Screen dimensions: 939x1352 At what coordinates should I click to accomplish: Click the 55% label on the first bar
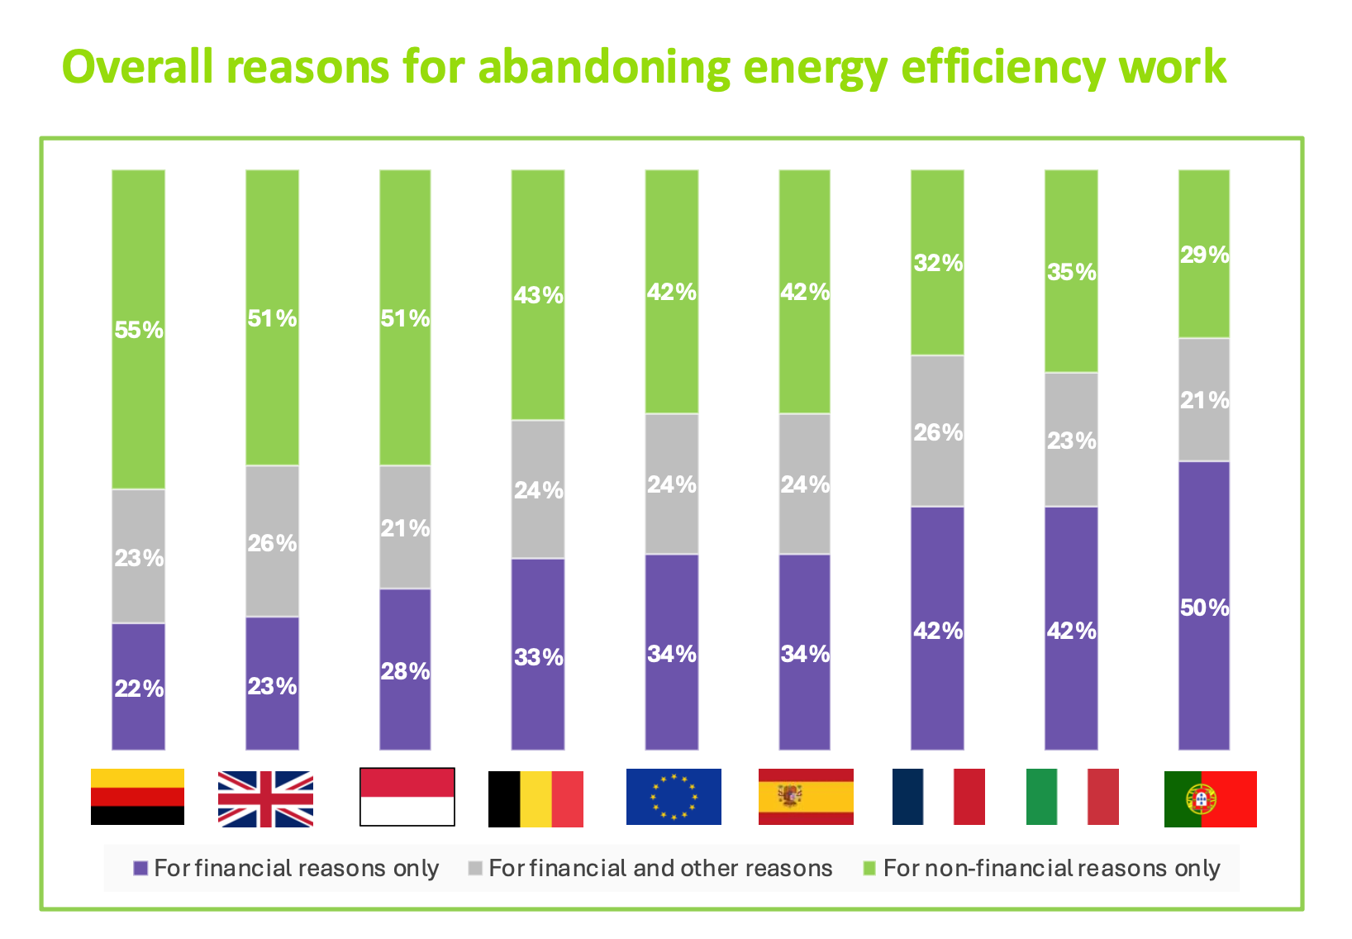[x=139, y=330]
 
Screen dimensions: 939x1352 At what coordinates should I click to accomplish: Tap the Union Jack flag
[x=265, y=798]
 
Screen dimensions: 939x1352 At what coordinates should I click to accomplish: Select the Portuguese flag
[x=1210, y=798]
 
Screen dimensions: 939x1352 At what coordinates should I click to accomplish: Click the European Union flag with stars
[x=674, y=797]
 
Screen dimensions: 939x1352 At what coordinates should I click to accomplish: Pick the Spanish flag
[x=806, y=797]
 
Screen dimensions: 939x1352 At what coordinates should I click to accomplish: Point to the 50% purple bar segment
[x=1204, y=608]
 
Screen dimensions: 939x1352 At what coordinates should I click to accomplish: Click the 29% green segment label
[x=1204, y=255]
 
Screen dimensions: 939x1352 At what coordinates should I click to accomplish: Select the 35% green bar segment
[x=1071, y=272]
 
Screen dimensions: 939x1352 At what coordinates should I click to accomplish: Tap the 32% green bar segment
[x=938, y=263]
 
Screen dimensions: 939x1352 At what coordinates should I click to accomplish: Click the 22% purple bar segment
[x=139, y=687]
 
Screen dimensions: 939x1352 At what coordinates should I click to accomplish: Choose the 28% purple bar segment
[x=405, y=670]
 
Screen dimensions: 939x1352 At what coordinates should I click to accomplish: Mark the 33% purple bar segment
[x=538, y=656]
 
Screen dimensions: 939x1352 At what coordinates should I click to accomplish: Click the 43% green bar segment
[x=538, y=295]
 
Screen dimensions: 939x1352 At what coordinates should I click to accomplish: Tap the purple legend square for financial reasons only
[x=140, y=869]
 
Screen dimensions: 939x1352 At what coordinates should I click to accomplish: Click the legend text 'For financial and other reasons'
[x=660, y=868]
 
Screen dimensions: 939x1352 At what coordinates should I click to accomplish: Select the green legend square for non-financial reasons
[x=869, y=869]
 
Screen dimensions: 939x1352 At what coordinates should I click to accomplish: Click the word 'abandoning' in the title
[x=604, y=68]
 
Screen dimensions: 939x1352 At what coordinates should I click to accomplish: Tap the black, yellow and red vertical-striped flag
[x=536, y=798]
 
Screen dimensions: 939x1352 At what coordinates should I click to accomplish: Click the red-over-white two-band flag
[x=407, y=797]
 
